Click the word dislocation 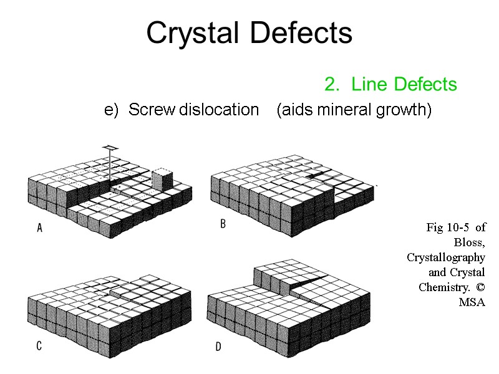[x=219, y=110]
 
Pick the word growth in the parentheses [x=405, y=110]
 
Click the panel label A [x=39, y=229]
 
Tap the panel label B [x=223, y=224]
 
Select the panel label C [x=39, y=346]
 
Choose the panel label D [x=218, y=347]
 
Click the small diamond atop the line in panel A [x=110, y=147]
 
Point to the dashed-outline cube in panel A [x=162, y=177]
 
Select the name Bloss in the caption [x=471, y=242]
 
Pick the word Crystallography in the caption [x=446, y=257]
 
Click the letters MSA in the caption [x=472, y=302]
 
